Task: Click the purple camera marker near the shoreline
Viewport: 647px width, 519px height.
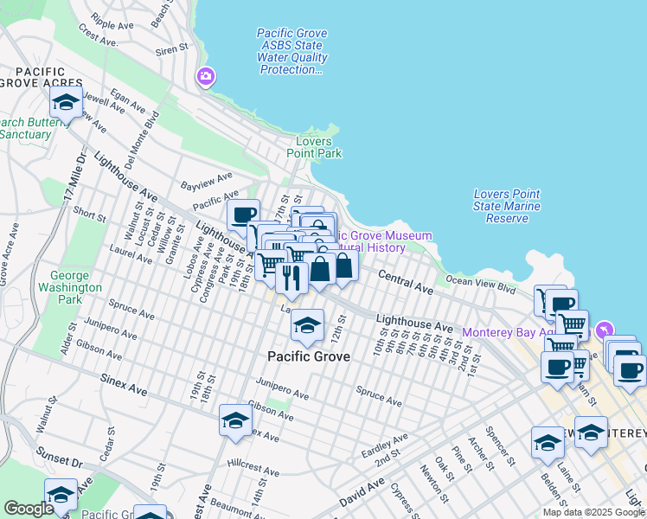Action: [206, 77]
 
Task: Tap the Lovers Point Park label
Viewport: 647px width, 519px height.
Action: [319, 147]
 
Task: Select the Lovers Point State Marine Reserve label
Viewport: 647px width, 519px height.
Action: [507, 206]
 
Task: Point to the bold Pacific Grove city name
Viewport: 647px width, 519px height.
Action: [309, 356]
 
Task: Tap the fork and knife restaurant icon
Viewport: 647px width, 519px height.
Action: [291, 276]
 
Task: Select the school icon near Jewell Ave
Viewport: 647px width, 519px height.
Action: [66, 103]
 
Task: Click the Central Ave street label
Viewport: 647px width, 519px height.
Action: [406, 280]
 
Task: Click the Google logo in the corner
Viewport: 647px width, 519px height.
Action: [29, 508]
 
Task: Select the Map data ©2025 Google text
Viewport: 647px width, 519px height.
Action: [593, 512]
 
